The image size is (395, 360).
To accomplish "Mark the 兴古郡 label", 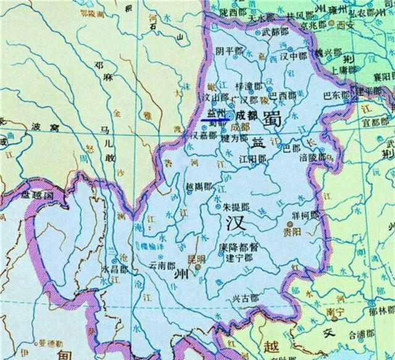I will click(x=245, y=298).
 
